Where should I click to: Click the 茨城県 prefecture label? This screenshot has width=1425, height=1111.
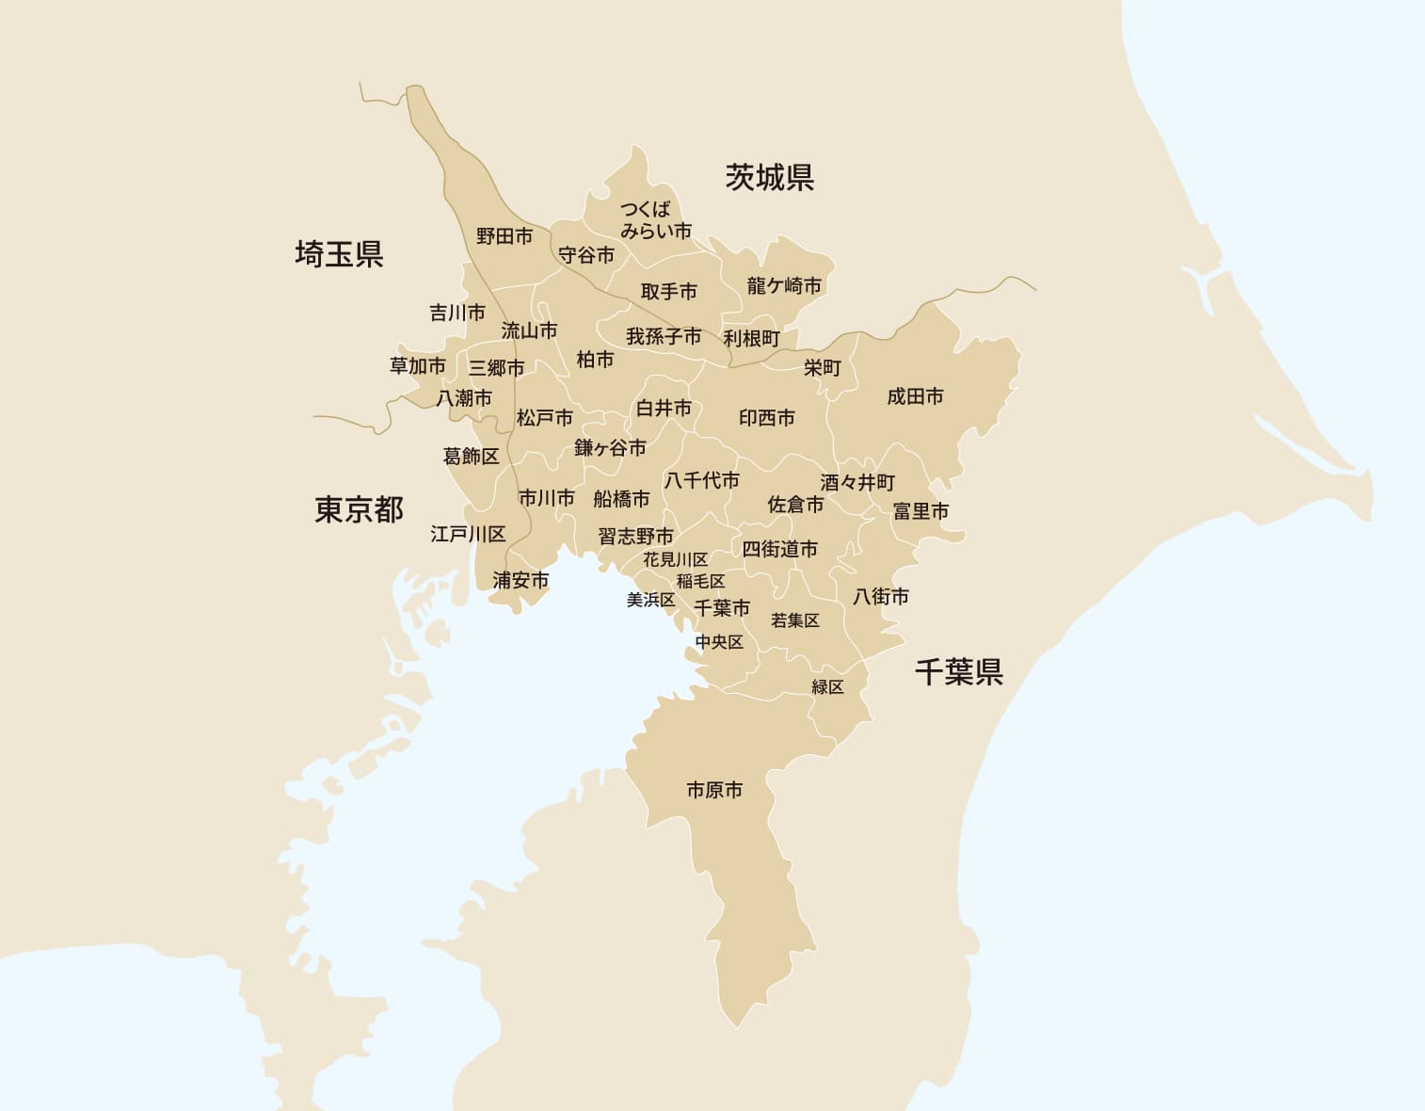[769, 177]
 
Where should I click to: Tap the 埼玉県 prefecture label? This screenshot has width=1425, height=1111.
[339, 254]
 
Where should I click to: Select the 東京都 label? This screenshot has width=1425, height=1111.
[359, 510]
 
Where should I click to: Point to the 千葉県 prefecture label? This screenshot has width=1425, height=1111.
[958, 671]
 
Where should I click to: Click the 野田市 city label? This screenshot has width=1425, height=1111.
[504, 236]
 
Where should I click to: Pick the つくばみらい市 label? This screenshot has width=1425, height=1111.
[655, 220]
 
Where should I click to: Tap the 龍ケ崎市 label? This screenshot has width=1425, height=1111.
[784, 285]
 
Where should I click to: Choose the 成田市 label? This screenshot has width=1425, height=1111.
[915, 396]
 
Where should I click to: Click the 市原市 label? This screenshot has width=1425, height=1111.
[714, 790]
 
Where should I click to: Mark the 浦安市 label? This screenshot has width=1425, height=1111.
[520, 580]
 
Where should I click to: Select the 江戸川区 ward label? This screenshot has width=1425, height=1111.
[468, 534]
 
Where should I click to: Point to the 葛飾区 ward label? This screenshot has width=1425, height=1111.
[471, 456]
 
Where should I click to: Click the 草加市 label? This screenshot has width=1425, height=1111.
[418, 365]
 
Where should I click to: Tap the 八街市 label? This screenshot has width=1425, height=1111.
[881, 596]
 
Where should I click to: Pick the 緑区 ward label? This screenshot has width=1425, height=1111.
[827, 686]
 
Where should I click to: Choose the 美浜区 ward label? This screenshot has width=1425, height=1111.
[650, 599]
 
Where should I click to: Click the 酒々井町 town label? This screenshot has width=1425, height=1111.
[857, 482]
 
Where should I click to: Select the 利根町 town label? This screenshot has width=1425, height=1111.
[752, 338]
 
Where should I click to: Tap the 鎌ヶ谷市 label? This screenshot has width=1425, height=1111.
[610, 448]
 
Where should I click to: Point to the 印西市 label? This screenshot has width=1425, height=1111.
[766, 417]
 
